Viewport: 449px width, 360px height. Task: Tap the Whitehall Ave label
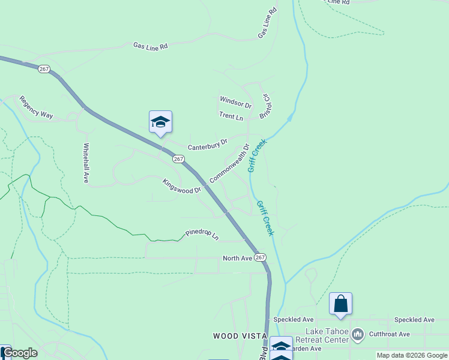click(86, 162)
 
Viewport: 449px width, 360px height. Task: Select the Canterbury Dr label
click(208, 145)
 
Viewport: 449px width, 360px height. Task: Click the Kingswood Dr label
click(181, 186)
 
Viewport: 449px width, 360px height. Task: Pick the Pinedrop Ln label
click(202, 233)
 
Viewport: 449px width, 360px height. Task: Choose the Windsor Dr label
click(235, 103)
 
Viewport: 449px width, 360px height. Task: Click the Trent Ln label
click(231, 115)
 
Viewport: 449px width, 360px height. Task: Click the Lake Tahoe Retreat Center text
click(327, 335)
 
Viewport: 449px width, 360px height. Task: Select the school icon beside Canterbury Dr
click(160, 122)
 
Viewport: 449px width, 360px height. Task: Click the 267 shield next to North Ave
click(259, 257)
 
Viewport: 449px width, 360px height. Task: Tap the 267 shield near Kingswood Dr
click(178, 158)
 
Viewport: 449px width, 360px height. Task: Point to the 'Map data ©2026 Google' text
click(412, 355)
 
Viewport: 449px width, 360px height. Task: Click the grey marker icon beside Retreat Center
click(358, 334)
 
